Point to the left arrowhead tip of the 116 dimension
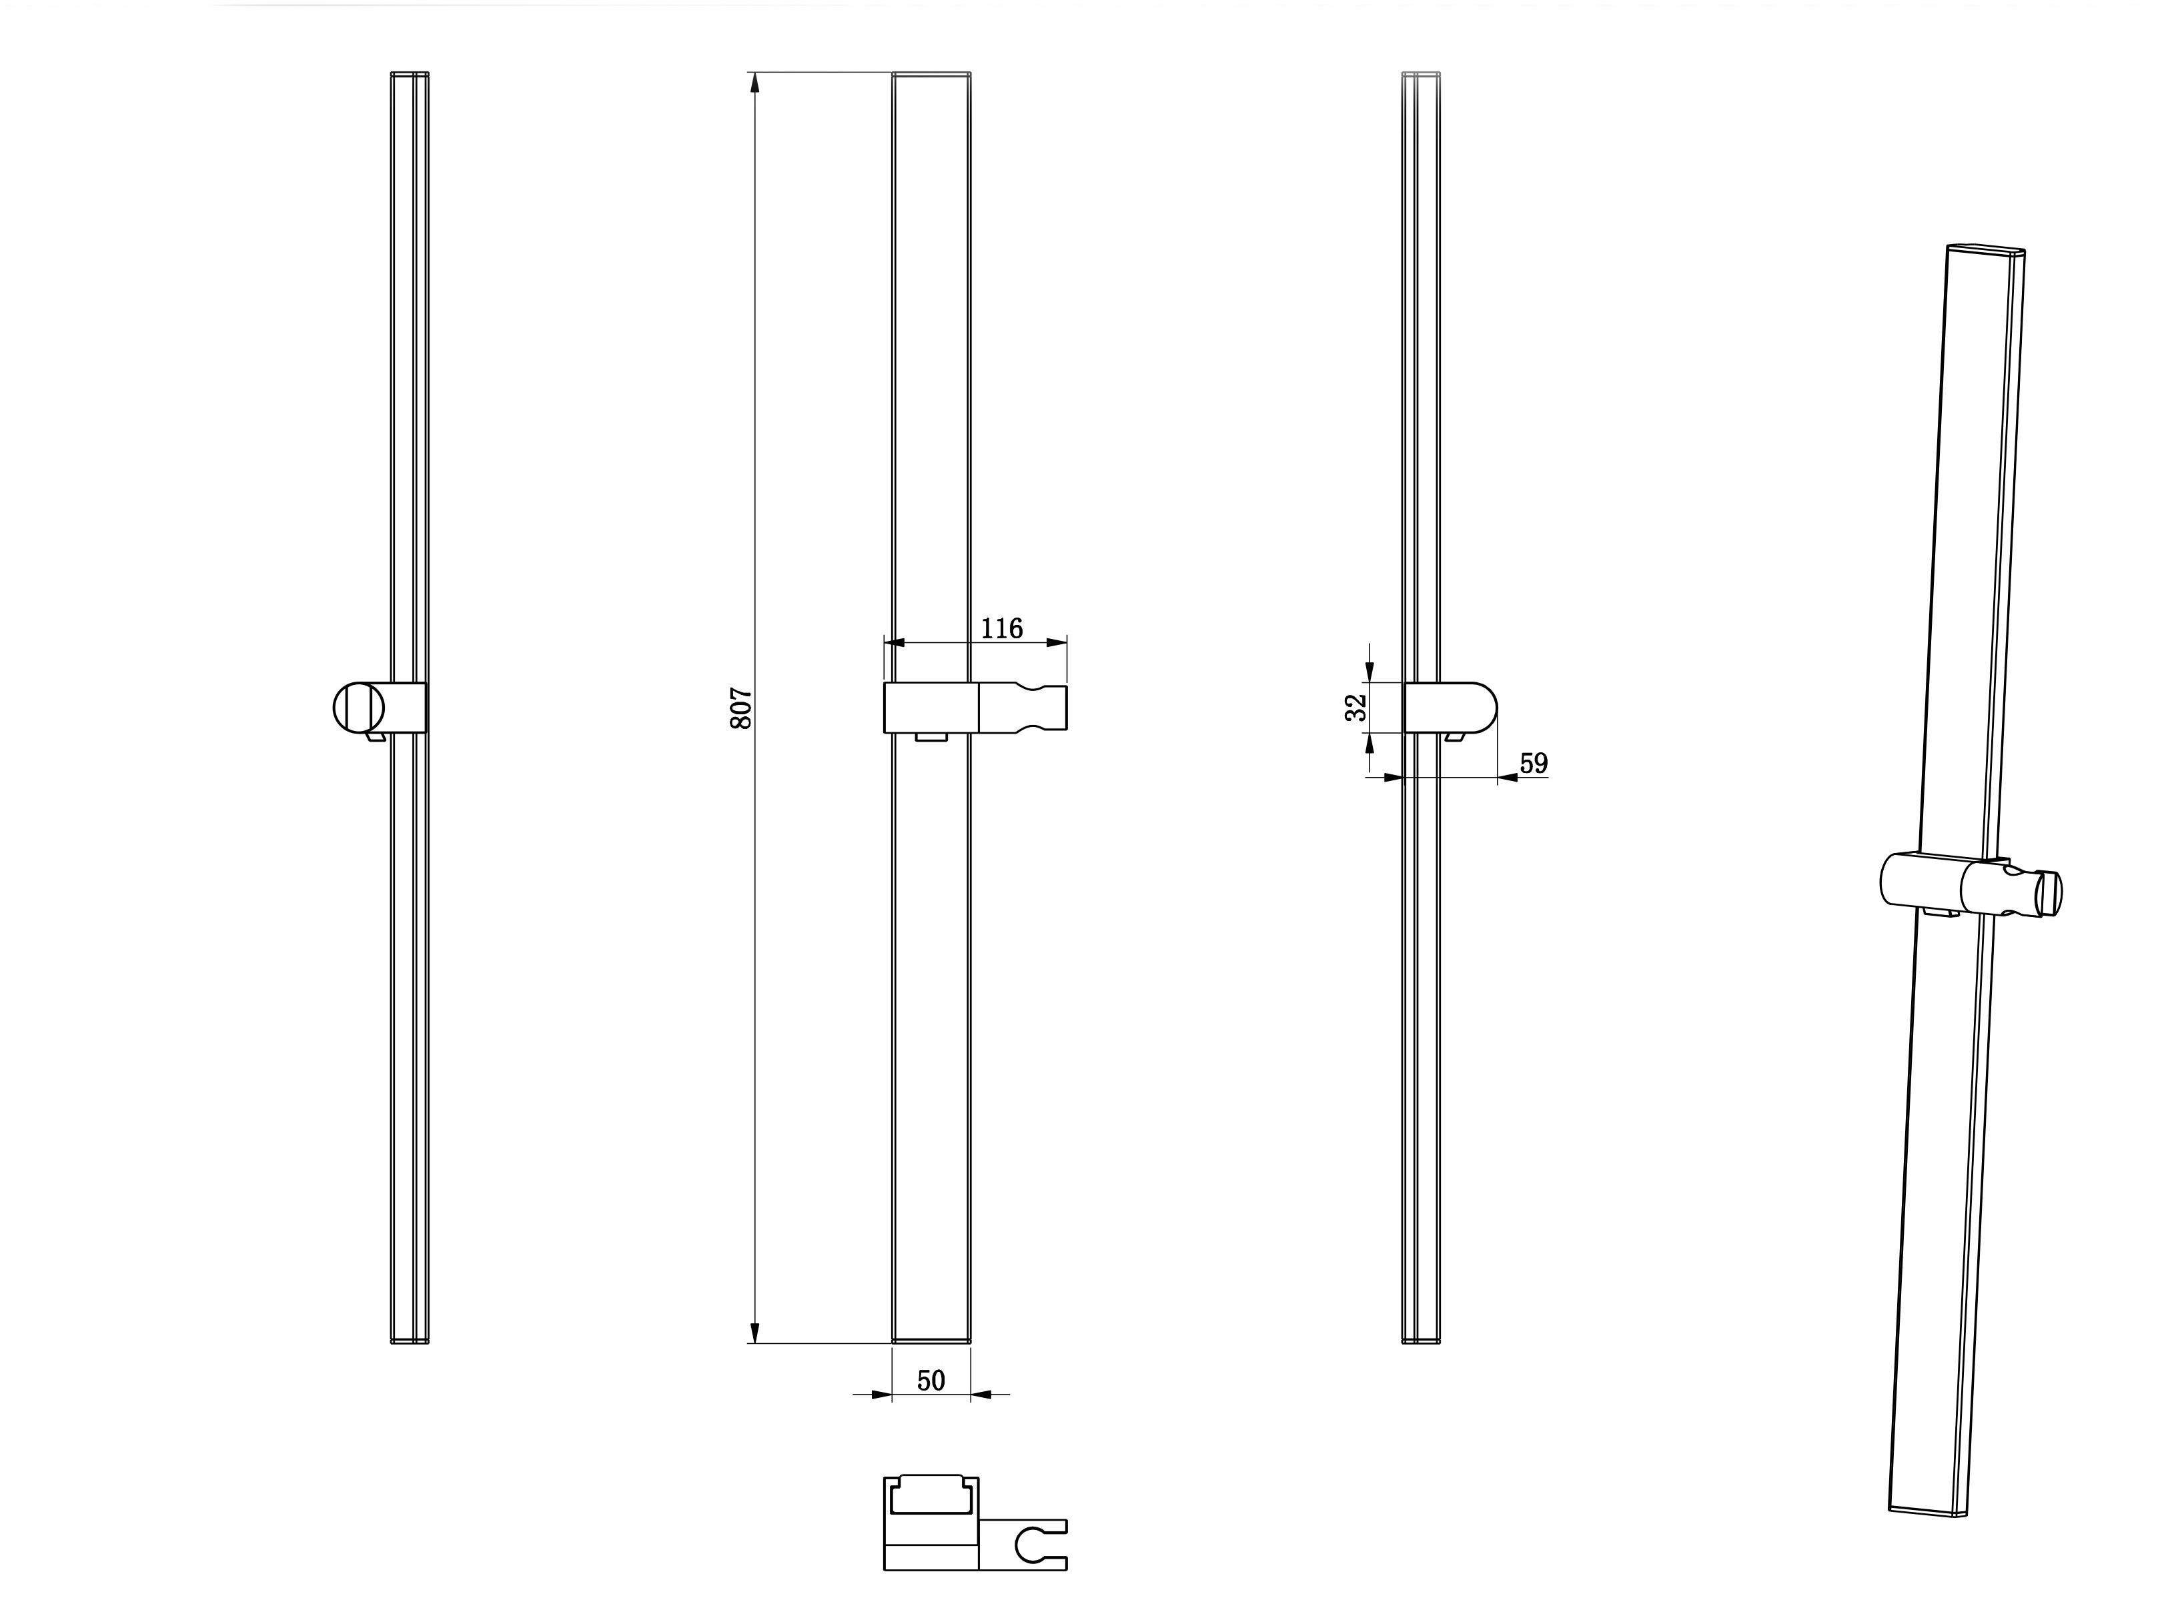click(885, 643)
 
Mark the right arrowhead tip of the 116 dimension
click(1067, 643)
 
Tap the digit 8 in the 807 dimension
click(742, 721)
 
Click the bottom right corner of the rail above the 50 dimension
click(970, 1343)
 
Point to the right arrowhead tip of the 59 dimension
click(1498, 778)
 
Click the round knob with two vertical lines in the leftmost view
click(358, 708)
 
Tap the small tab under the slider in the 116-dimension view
click(932, 737)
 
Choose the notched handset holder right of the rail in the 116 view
click(1023, 708)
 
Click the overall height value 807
click(742, 708)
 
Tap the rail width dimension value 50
click(931, 1380)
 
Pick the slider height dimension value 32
click(1355, 708)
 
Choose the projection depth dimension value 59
click(1534, 763)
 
